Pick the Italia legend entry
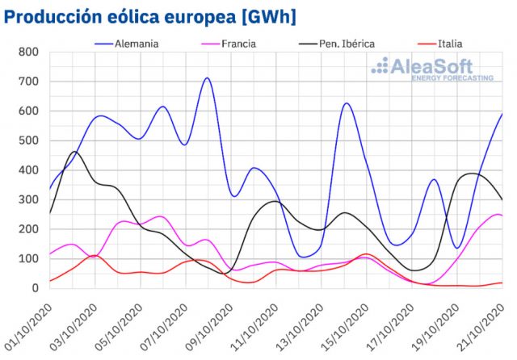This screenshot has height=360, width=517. point(449,42)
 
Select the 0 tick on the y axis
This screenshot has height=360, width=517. point(34,288)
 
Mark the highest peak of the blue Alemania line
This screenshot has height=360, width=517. point(208,78)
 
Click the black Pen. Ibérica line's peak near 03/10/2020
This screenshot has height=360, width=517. point(74,152)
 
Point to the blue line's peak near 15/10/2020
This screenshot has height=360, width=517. point(346,103)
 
